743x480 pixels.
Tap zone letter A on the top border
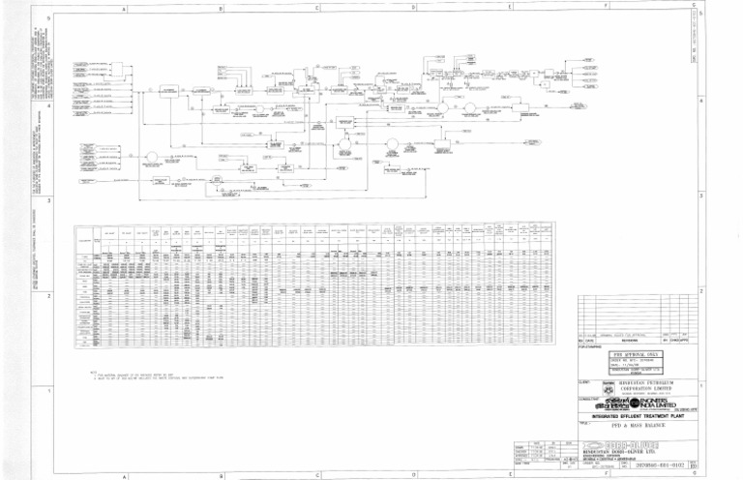coord(126,8)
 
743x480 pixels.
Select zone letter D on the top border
coord(413,8)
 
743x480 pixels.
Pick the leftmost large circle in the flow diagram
coord(151,156)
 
